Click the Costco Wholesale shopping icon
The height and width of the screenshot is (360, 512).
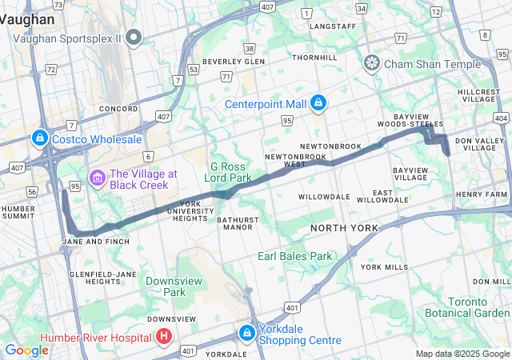39,138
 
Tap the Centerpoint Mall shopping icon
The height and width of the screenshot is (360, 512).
318,103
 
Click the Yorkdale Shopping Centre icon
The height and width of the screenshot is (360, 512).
246,332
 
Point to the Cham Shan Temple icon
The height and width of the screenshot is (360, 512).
372,62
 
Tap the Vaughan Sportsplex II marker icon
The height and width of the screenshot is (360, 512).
134,37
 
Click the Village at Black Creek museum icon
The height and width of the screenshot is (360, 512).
98,177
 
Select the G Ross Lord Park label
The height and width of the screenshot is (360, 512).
230,170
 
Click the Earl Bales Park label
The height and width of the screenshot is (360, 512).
294,256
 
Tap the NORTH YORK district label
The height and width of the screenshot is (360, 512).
343,229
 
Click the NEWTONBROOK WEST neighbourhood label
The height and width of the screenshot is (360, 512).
286,160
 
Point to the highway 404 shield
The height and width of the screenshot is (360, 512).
502,118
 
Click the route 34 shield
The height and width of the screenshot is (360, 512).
362,9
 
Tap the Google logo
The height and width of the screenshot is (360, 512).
26,350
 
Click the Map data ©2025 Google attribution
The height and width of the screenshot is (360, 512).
462,354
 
